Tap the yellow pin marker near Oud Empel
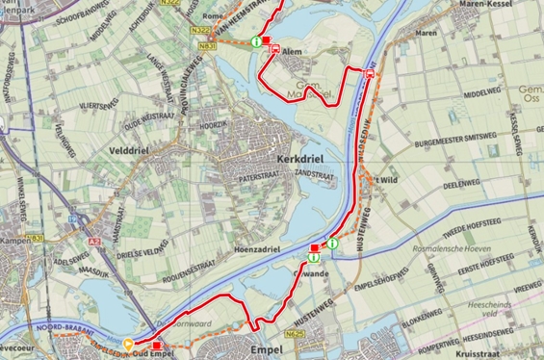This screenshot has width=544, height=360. (x=129, y=344)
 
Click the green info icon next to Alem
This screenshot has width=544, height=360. (x=255, y=41)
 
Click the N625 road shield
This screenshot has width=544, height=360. (x=295, y=333)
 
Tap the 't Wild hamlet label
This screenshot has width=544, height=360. (x=386, y=179)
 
